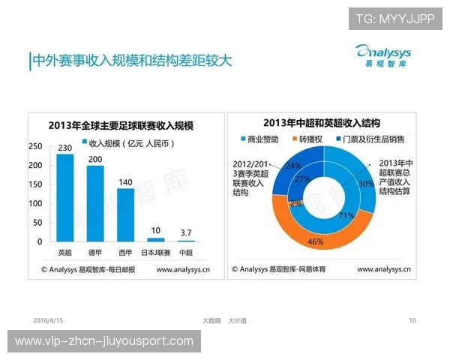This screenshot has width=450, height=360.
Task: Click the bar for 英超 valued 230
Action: (65, 198)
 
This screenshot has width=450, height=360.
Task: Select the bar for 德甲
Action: (95, 203)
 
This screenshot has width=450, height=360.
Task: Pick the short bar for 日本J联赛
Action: (156, 239)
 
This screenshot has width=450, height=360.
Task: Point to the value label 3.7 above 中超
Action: (185, 233)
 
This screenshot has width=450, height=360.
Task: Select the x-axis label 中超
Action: (185, 252)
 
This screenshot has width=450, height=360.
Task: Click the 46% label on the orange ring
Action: (315, 242)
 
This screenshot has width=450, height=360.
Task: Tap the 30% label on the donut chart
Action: (365, 184)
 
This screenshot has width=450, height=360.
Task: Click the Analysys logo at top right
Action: (382, 55)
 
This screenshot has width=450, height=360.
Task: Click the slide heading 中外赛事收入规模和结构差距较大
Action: (131, 60)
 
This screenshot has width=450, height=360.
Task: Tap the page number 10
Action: (412, 320)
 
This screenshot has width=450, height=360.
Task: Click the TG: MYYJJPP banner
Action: (394, 19)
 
